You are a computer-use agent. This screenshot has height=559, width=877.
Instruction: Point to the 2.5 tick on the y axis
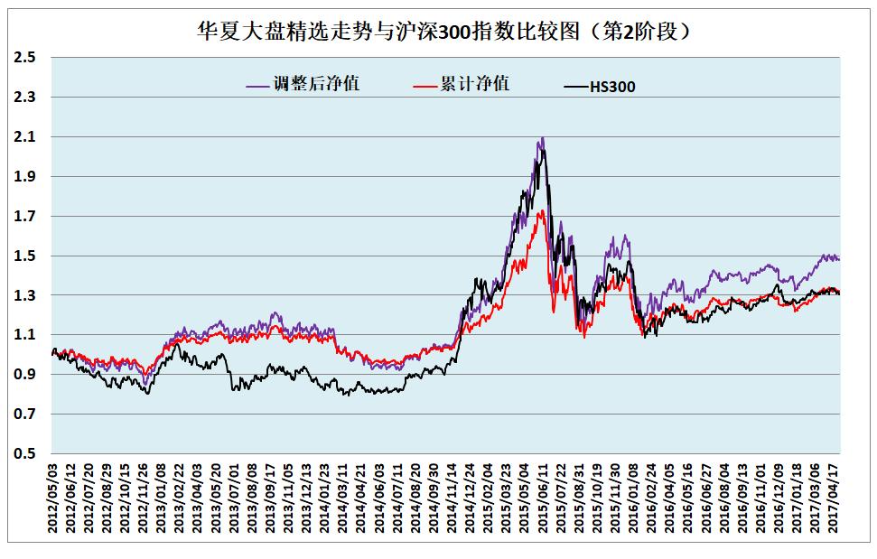(26, 58)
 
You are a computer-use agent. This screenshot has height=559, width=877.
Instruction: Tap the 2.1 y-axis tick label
(26, 137)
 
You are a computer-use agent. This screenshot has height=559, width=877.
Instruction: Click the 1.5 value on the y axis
(26, 256)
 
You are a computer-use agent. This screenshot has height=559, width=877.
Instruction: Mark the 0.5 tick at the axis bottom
(26, 454)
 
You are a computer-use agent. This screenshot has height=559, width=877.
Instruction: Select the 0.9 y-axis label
(26, 375)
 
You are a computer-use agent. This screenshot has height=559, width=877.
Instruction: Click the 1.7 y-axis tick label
(26, 217)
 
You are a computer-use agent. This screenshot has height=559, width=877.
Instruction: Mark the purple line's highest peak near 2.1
(542, 138)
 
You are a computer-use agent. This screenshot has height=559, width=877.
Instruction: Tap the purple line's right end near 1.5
(839, 259)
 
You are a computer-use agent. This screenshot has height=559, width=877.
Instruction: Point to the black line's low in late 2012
(147, 394)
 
